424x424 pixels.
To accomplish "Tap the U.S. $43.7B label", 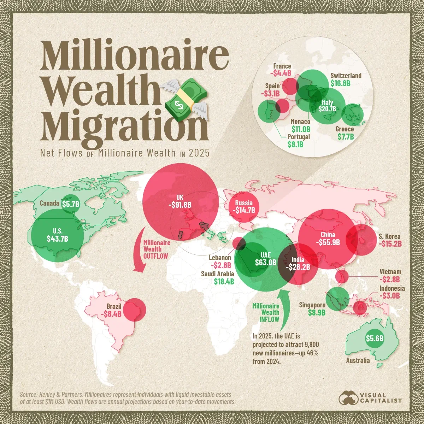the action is [57, 238].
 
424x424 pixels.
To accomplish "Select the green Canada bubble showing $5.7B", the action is [71, 204].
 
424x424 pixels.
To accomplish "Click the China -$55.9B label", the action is [328, 242].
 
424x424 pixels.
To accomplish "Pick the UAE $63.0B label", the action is [265, 262].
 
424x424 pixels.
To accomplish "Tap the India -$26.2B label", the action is [298, 267].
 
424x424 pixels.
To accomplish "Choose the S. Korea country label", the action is [389, 236].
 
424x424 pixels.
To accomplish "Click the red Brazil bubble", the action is [134, 309].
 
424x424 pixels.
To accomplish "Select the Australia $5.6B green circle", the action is [375, 338].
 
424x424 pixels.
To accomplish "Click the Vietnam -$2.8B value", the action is [390, 279].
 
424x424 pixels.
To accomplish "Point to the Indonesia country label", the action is [392, 288].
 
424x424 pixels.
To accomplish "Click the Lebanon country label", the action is [220, 258].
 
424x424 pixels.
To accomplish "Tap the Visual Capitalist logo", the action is [370, 397].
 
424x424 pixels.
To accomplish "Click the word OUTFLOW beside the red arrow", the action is [155, 255].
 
